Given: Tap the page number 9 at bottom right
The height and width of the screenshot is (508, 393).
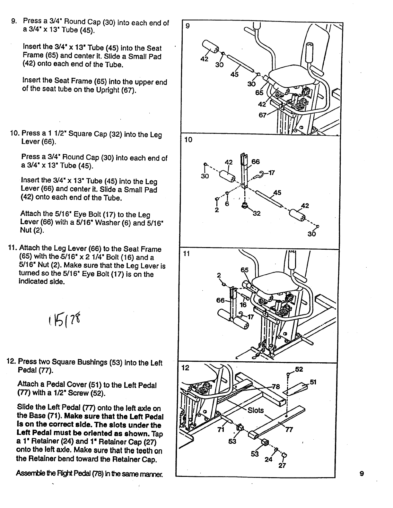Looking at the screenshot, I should click(x=362, y=474).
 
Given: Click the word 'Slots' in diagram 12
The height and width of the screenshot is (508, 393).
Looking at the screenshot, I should click(x=256, y=410).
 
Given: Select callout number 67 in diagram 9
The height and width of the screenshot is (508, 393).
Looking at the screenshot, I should click(x=263, y=115).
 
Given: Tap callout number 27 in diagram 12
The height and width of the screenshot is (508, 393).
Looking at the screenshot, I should click(x=282, y=466).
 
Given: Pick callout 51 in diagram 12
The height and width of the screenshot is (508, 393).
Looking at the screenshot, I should click(x=313, y=382).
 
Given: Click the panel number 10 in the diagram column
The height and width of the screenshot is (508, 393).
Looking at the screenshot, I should click(x=188, y=140).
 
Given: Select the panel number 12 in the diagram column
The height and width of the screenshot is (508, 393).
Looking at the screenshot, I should click(x=185, y=368).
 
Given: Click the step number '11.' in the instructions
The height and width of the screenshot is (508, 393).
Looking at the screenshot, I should click(x=13, y=248).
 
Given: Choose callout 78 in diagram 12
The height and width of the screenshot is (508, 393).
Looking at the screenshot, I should click(x=276, y=386).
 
